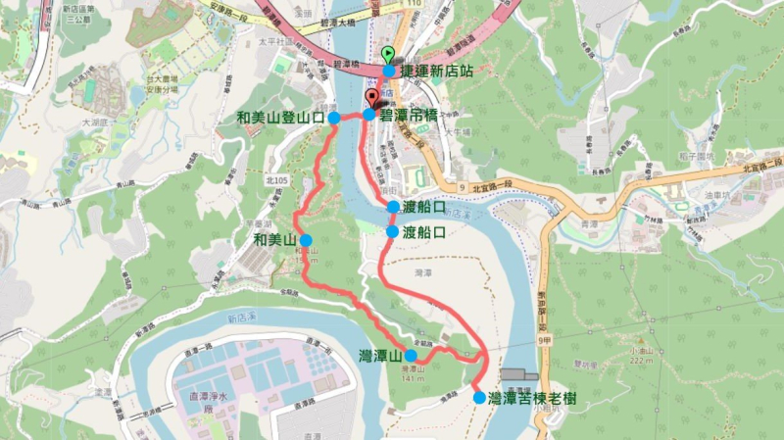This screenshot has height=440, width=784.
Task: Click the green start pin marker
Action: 388,54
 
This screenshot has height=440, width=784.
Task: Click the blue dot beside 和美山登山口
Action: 334,118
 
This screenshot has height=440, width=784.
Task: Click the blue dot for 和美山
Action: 306,240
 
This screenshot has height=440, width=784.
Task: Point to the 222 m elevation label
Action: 642,362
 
